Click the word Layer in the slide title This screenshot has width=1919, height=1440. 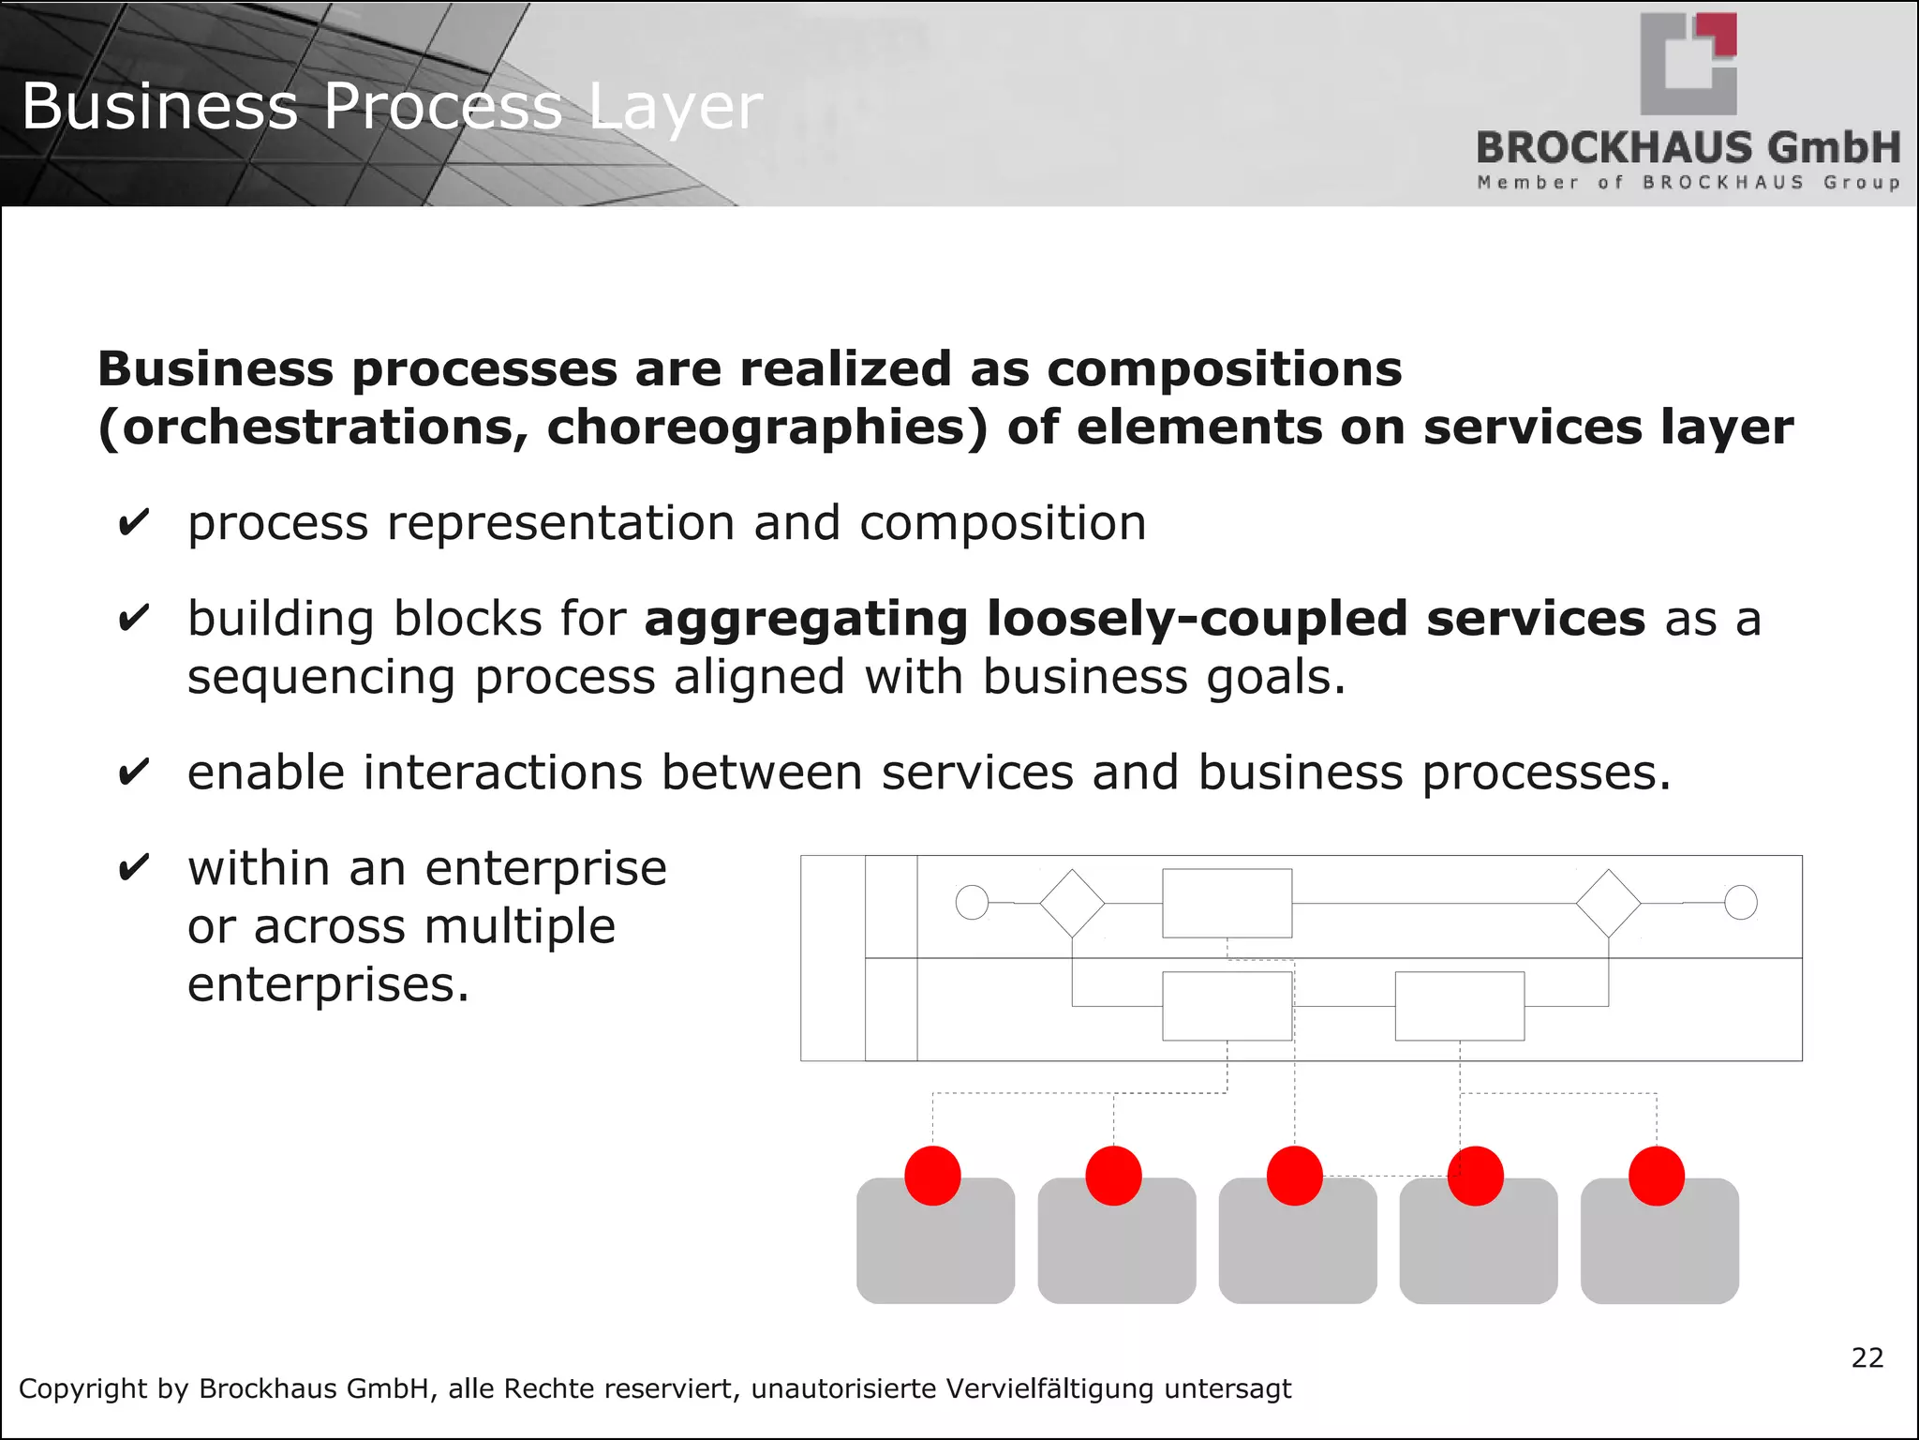point(675,107)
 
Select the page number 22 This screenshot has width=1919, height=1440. point(1867,1357)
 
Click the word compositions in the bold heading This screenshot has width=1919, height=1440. point(1224,368)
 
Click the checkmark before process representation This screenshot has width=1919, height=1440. point(133,522)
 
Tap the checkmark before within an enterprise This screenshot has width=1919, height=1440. point(133,867)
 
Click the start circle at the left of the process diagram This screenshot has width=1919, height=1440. point(972,903)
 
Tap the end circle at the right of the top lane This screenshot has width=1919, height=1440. point(1740,903)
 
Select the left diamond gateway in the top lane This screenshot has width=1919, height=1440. point(1072,903)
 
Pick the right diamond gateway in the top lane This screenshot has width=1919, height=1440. point(1608,903)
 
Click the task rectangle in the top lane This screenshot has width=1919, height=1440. point(1227,903)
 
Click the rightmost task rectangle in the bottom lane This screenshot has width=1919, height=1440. point(1459,1006)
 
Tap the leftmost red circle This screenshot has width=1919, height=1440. point(932,1176)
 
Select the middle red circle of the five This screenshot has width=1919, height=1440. point(1294,1176)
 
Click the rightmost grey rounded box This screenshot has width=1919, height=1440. point(1659,1247)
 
